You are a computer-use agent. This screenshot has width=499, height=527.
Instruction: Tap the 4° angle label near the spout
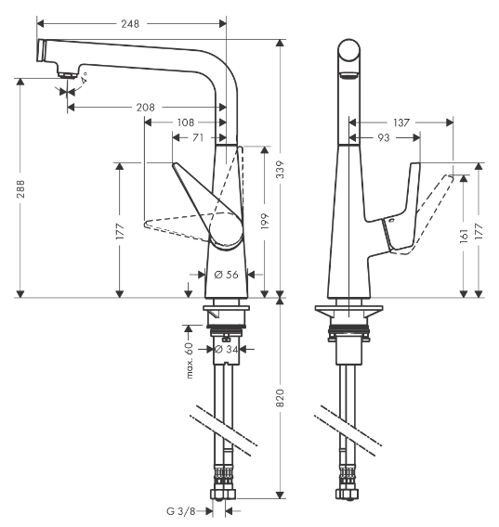point(84,80)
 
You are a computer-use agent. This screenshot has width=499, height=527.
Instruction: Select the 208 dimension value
point(145,108)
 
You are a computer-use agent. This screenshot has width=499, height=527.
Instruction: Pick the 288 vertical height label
point(20,188)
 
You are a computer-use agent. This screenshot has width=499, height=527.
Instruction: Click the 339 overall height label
point(281,169)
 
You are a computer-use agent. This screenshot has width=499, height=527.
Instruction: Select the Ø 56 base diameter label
point(227,275)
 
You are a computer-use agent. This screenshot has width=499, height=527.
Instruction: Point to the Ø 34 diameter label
point(227,350)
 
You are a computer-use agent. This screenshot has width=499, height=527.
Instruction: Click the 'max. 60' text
point(189,360)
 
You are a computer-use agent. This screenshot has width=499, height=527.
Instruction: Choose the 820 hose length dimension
point(281,398)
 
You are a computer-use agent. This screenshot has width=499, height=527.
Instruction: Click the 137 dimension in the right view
point(401,122)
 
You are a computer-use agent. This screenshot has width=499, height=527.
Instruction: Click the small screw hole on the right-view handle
point(391,223)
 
